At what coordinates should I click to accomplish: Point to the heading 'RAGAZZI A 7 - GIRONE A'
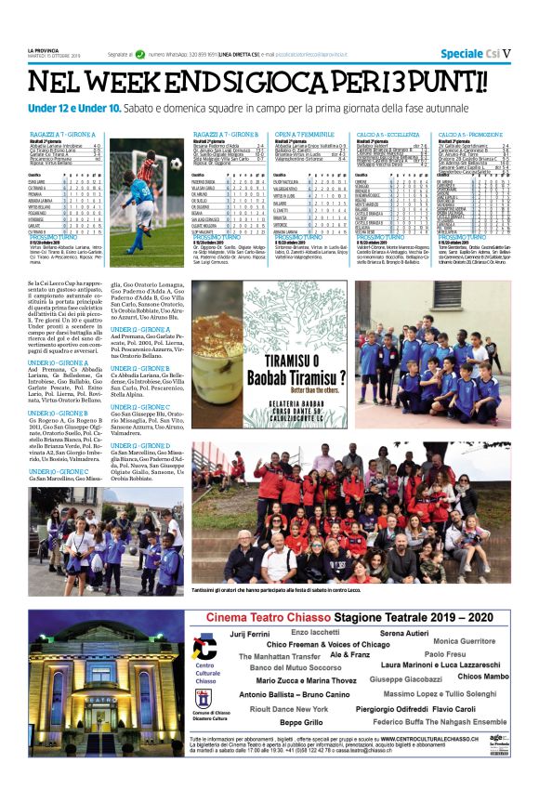pyautogui.click(x=61, y=135)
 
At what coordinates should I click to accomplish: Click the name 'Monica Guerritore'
pyautogui.click(x=465, y=641)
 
